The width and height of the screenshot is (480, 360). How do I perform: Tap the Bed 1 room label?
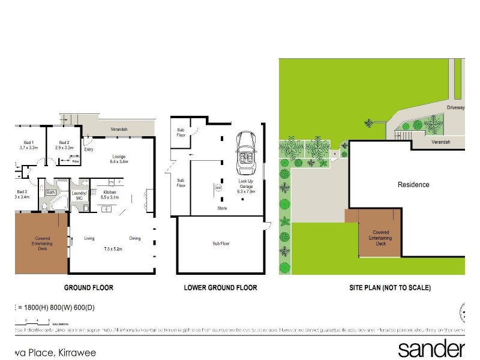(x=28, y=142)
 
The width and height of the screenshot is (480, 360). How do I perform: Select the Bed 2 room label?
(x=64, y=142)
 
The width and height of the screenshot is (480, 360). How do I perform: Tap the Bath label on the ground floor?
(x=51, y=193)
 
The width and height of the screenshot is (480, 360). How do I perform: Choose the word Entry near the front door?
(x=89, y=149)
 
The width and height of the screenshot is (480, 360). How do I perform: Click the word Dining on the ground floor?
(x=134, y=239)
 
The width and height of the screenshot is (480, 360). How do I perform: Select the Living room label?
(x=89, y=239)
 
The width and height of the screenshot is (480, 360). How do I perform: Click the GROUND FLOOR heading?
(x=88, y=288)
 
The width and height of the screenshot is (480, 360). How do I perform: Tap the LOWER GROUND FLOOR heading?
(x=220, y=288)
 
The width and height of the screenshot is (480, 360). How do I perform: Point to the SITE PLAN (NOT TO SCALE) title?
(x=390, y=288)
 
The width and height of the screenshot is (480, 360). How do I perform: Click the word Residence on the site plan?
(x=413, y=185)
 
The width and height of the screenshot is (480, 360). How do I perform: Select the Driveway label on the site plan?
(x=455, y=107)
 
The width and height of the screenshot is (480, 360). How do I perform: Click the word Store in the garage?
(x=222, y=208)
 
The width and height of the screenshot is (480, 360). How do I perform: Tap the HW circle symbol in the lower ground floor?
(x=217, y=188)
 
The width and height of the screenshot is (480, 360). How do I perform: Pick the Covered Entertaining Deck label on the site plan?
(x=381, y=238)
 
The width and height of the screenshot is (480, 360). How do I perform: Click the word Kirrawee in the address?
(x=76, y=353)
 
